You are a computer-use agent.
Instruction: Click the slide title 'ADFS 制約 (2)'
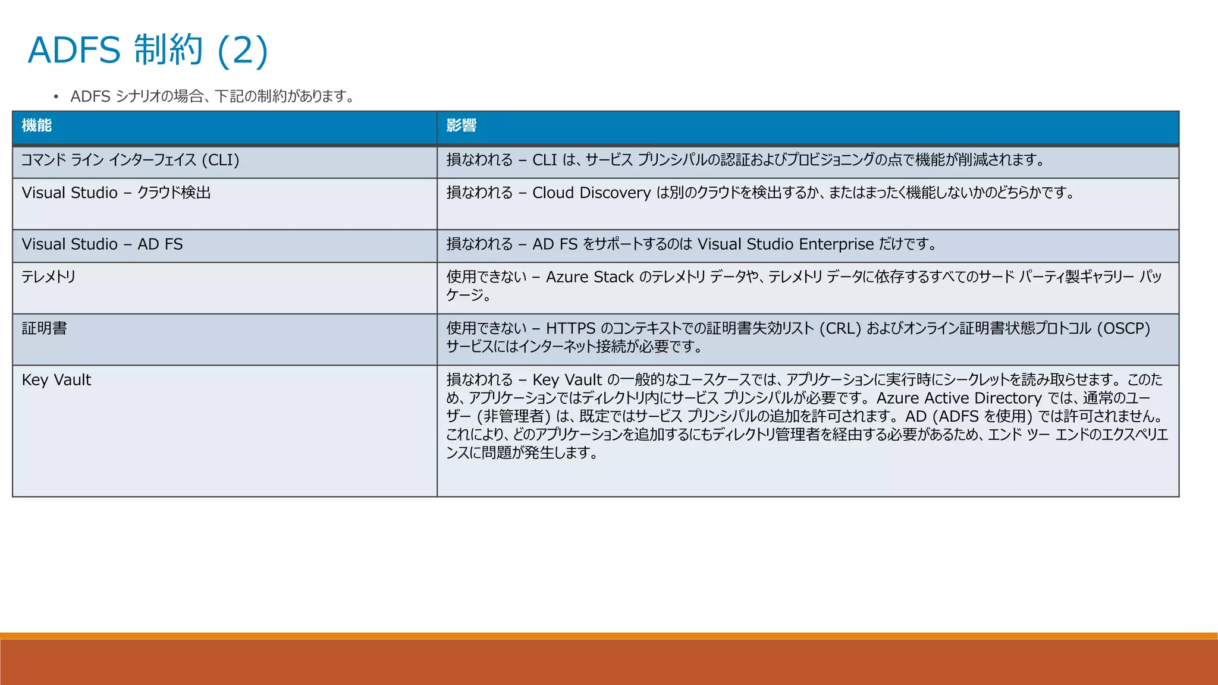(148, 50)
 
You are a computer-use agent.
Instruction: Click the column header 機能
(37, 125)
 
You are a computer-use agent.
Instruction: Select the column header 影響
(462, 125)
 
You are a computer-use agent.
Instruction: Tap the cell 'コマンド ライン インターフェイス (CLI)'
(130, 160)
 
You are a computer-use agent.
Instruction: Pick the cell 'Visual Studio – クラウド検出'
(116, 193)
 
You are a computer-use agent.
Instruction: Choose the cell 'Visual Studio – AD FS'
(102, 244)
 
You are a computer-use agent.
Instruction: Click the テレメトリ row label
(49, 276)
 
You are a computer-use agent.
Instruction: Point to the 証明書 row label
(45, 328)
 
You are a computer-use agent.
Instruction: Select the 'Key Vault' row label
(56, 380)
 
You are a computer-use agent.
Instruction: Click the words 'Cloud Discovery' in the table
(591, 193)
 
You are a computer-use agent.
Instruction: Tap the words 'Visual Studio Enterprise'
(785, 244)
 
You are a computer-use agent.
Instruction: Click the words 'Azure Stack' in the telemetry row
(589, 277)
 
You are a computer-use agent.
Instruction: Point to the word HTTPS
(570, 328)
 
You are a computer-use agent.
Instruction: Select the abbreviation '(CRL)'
(840, 328)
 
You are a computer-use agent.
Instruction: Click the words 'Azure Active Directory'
(959, 398)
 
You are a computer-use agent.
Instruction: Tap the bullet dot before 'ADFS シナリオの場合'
(56, 97)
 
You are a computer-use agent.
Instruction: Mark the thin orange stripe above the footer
(609, 636)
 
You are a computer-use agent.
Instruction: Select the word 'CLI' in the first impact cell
(544, 160)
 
